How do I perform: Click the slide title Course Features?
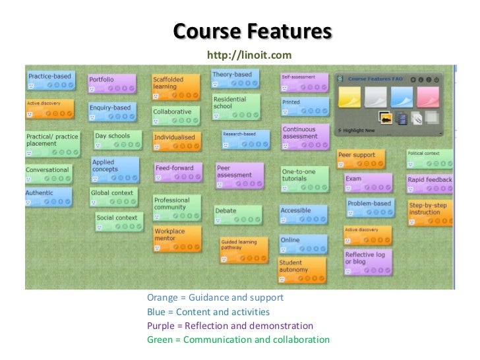pyautogui.click(x=253, y=31)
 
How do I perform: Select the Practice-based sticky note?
pyautogui.click(x=49, y=80)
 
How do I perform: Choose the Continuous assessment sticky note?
pyautogui.click(x=303, y=136)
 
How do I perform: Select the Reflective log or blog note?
pyautogui.click(x=367, y=260)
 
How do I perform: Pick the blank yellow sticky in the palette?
pyautogui.click(x=349, y=98)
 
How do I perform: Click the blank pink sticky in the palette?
pyautogui.click(x=428, y=98)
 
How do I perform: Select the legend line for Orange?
pyautogui.click(x=215, y=297)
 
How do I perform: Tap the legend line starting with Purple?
pyautogui.click(x=230, y=326)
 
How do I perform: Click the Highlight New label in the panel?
pyautogui.click(x=360, y=130)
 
